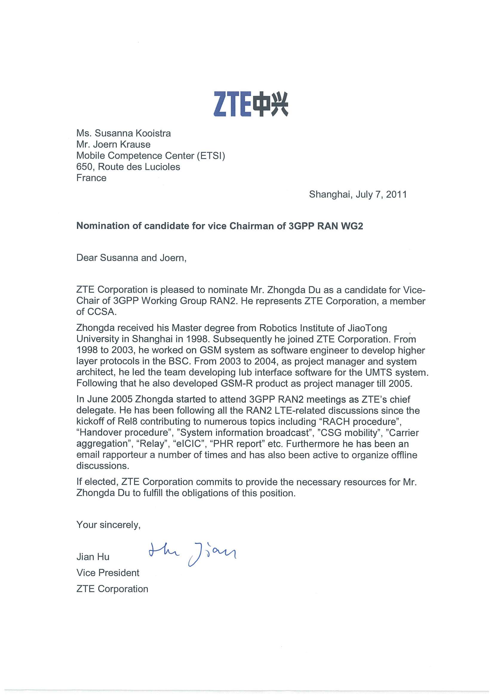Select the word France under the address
click(91, 178)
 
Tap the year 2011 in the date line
click(396, 194)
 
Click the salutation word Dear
click(87, 258)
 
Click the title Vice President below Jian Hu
click(108, 573)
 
